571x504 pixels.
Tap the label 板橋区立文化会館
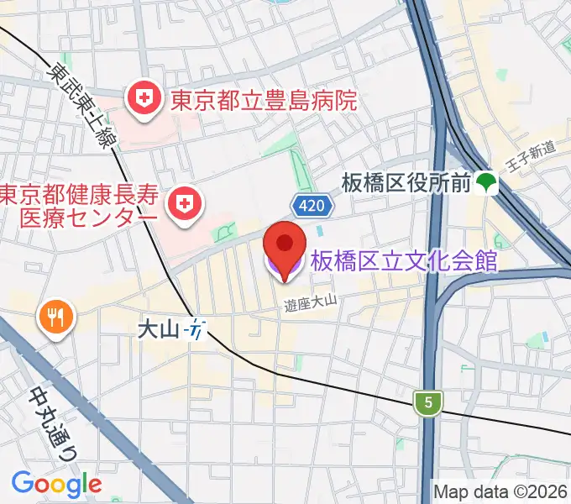point(404,261)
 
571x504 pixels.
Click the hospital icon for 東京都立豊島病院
point(144,100)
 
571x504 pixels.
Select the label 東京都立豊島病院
point(264,102)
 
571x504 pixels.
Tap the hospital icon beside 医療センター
point(181,205)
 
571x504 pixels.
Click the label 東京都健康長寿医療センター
point(79,206)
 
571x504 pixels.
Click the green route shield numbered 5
point(429,403)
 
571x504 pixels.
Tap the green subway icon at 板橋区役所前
point(485,181)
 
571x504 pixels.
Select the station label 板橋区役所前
point(405,182)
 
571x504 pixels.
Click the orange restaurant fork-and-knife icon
point(56,317)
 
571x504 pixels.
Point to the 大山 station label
point(159,329)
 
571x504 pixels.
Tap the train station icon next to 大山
point(196,329)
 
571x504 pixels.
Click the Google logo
point(56,484)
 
